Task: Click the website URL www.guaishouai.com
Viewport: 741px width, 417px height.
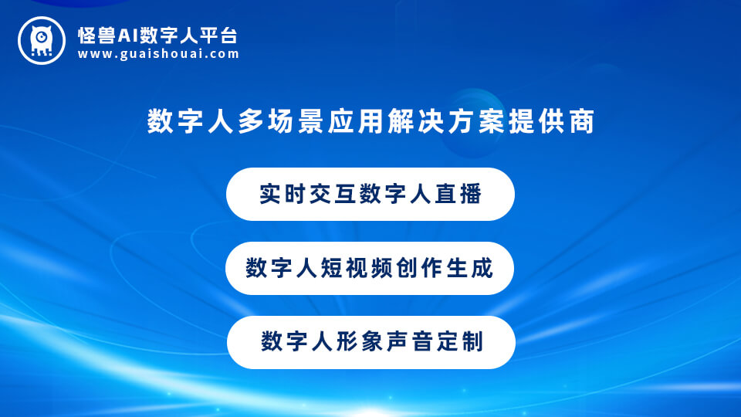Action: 158,54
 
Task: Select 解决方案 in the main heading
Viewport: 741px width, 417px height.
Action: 428,122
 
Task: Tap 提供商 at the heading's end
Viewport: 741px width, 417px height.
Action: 557,122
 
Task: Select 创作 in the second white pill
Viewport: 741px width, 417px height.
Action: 421,269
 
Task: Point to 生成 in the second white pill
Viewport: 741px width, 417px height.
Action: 469,269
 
